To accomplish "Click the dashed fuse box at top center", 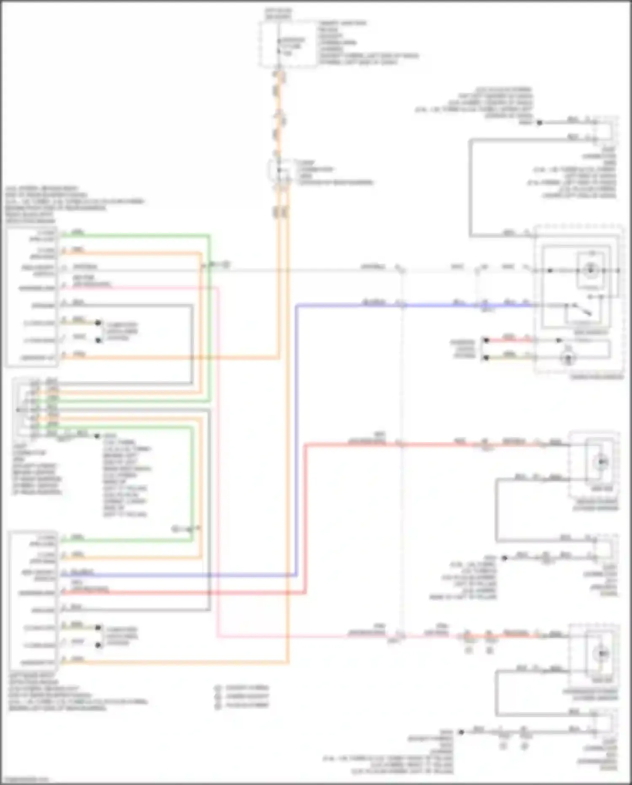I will [288, 44].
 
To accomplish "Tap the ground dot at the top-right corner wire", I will [539, 123].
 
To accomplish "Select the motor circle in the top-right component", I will [591, 270].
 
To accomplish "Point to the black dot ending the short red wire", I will [486, 340].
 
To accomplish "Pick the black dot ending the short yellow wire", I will [486, 358].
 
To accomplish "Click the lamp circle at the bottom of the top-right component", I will [568, 358].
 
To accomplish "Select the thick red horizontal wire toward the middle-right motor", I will [443, 444].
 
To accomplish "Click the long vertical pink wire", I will [218, 464].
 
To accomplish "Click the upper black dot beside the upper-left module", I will [98, 323].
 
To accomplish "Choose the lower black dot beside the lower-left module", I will [98, 645].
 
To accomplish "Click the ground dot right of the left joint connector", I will [97, 436].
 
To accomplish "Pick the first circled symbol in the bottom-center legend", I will [218, 688].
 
